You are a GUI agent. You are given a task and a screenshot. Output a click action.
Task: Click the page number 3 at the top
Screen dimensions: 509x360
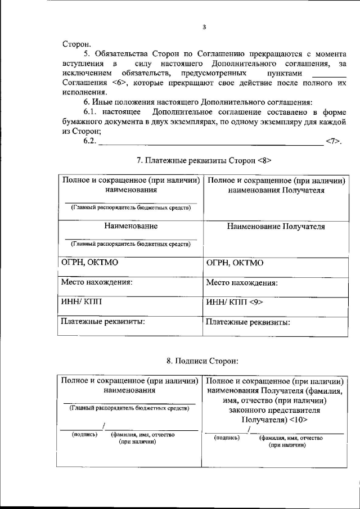tap(205, 26)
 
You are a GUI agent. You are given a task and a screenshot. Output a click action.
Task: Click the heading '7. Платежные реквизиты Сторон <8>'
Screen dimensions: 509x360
tap(205, 160)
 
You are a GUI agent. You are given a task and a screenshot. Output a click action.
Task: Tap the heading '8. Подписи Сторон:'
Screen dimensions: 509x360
tap(204, 359)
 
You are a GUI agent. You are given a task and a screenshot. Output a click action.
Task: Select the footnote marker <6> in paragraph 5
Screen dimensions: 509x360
tap(119, 83)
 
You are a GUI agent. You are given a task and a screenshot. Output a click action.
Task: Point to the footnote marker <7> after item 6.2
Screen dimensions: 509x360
tap(334, 141)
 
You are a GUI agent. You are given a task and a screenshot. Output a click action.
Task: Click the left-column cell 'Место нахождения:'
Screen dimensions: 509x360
tap(97, 282)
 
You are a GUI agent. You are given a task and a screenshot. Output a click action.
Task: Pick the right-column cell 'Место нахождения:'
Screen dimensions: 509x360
tap(242, 283)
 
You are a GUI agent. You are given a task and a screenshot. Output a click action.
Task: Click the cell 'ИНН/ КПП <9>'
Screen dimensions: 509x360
tap(235, 302)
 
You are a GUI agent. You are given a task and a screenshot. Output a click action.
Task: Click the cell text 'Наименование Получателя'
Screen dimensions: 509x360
tap(276, 227)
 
